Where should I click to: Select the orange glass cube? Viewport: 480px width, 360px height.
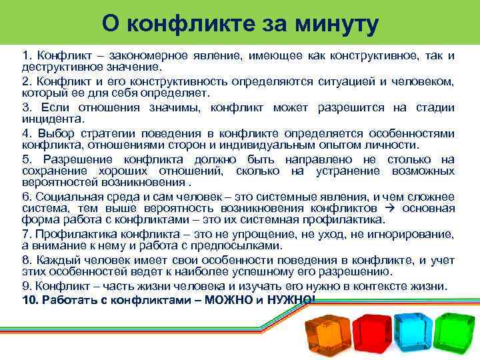pyautogui.click(x=327, y=333)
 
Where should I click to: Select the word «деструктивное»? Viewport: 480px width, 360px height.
pyautogui.click(x=55, y=67)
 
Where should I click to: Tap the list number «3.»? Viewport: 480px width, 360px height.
pyautogui.click(x=27, y=108)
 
